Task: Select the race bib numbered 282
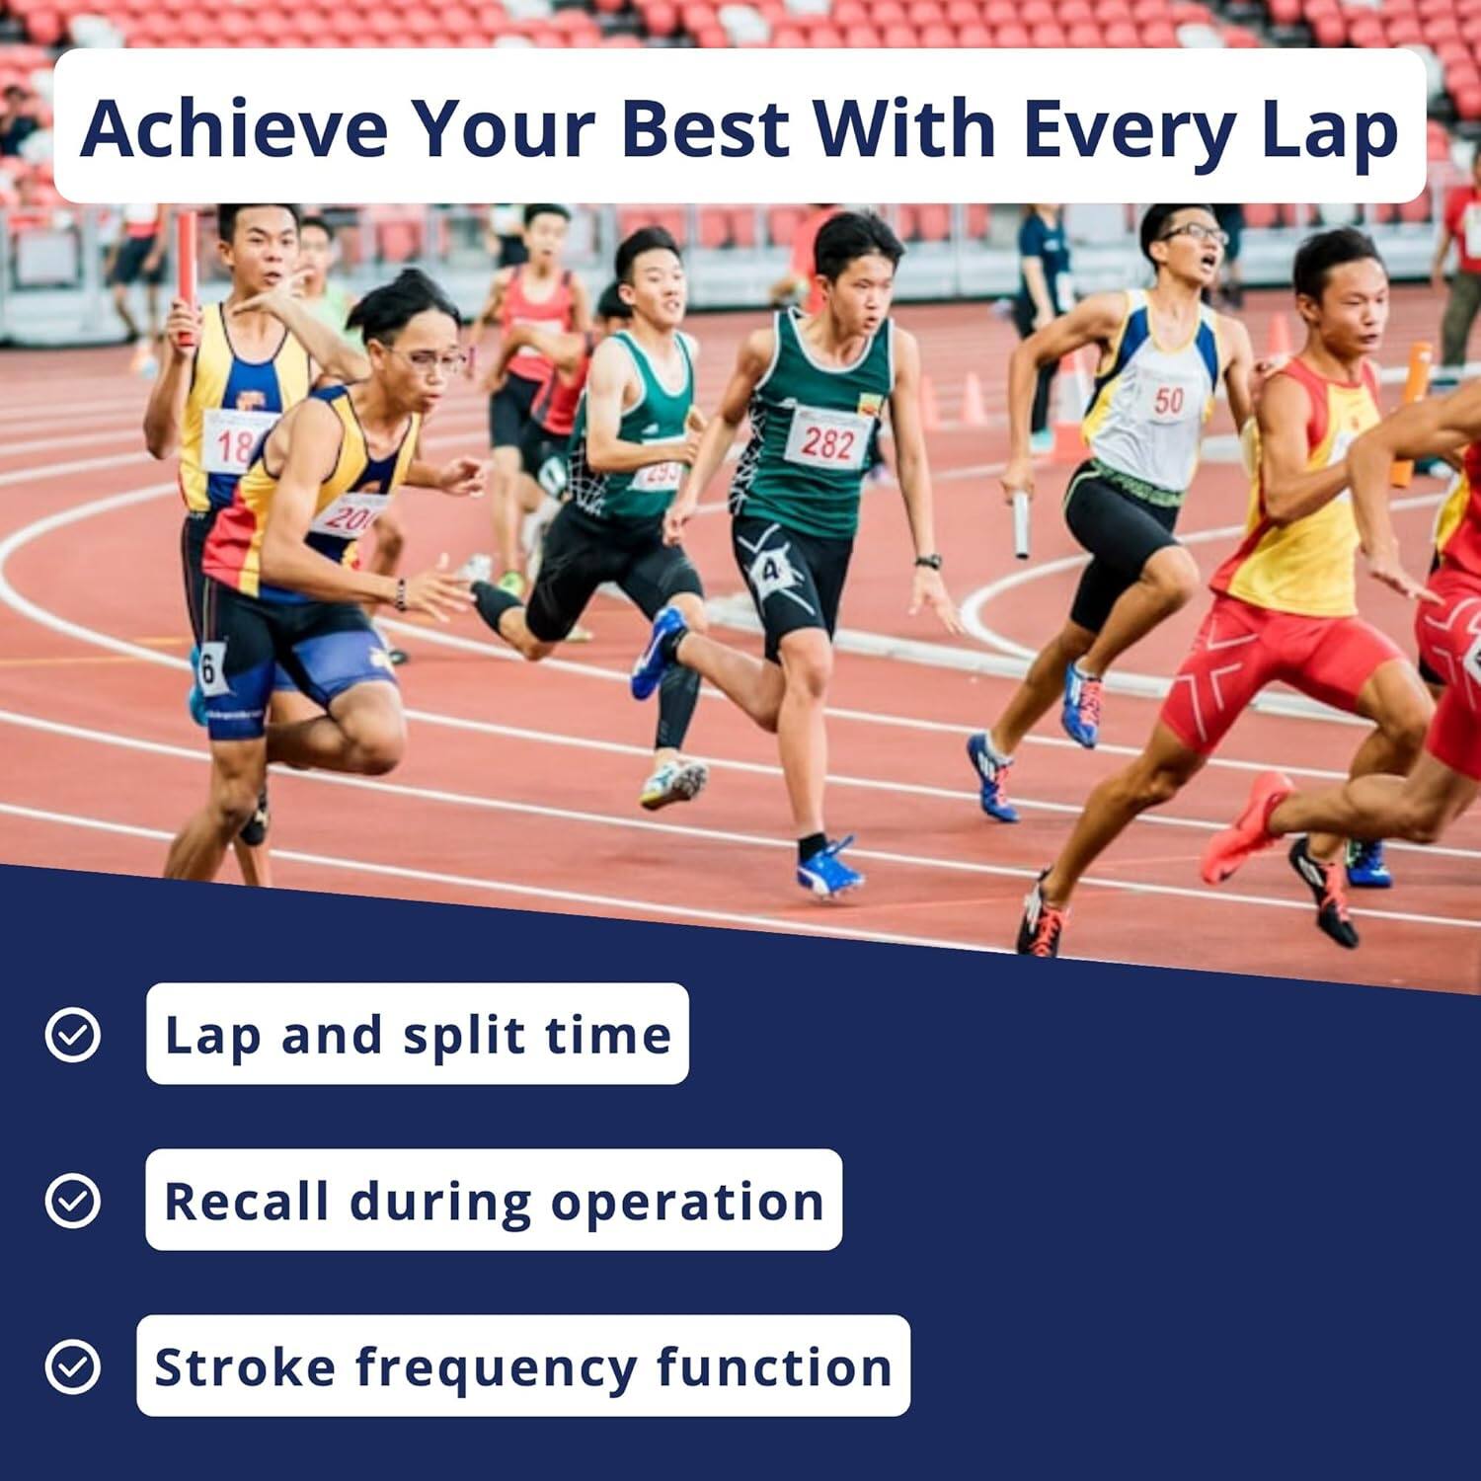pyautogui.click(x=827, y=441)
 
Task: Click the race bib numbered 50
pyautogui.click(x=1168, y=400)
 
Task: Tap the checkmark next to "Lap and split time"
pyautogui.click(x=73, y=1035)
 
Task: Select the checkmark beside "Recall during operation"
pyautogui.click(x=73, y=1201)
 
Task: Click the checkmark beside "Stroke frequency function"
pyautogui.click(x=73, y=1366)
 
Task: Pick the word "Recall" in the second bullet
pyautogui.click(x=246, y=1201)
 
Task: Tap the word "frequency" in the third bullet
pyautogui.click(x=496, y=1368)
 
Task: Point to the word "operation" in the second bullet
pyautogui.click(x=687, y=1203)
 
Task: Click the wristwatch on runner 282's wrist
pyautogui.click(x=928, y=563)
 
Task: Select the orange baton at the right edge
pyautogui.click(x=1410, y=415)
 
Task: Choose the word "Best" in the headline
pyautogui.click(x=705, y=128)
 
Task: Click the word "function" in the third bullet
pyautogui.click(x=774, y=1366)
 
